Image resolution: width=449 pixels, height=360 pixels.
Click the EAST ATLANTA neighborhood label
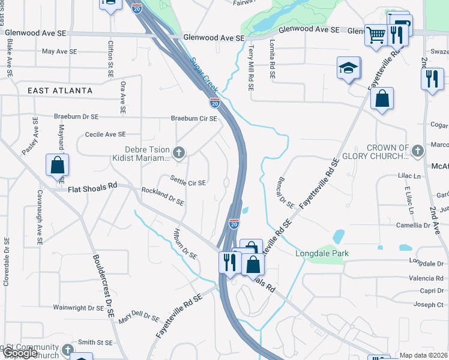60,91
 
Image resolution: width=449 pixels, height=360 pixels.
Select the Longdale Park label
322,253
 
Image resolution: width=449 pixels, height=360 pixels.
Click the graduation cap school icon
348,69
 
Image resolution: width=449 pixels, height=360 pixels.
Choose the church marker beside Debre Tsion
178,151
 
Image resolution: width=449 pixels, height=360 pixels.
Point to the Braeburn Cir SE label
194,119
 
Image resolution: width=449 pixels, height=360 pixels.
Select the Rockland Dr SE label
163,197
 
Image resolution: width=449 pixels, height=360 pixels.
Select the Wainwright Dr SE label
79,308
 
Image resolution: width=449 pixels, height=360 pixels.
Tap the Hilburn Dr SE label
185,244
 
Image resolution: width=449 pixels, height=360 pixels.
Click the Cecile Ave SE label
105,135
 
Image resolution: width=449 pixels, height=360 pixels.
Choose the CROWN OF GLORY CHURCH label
388,152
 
